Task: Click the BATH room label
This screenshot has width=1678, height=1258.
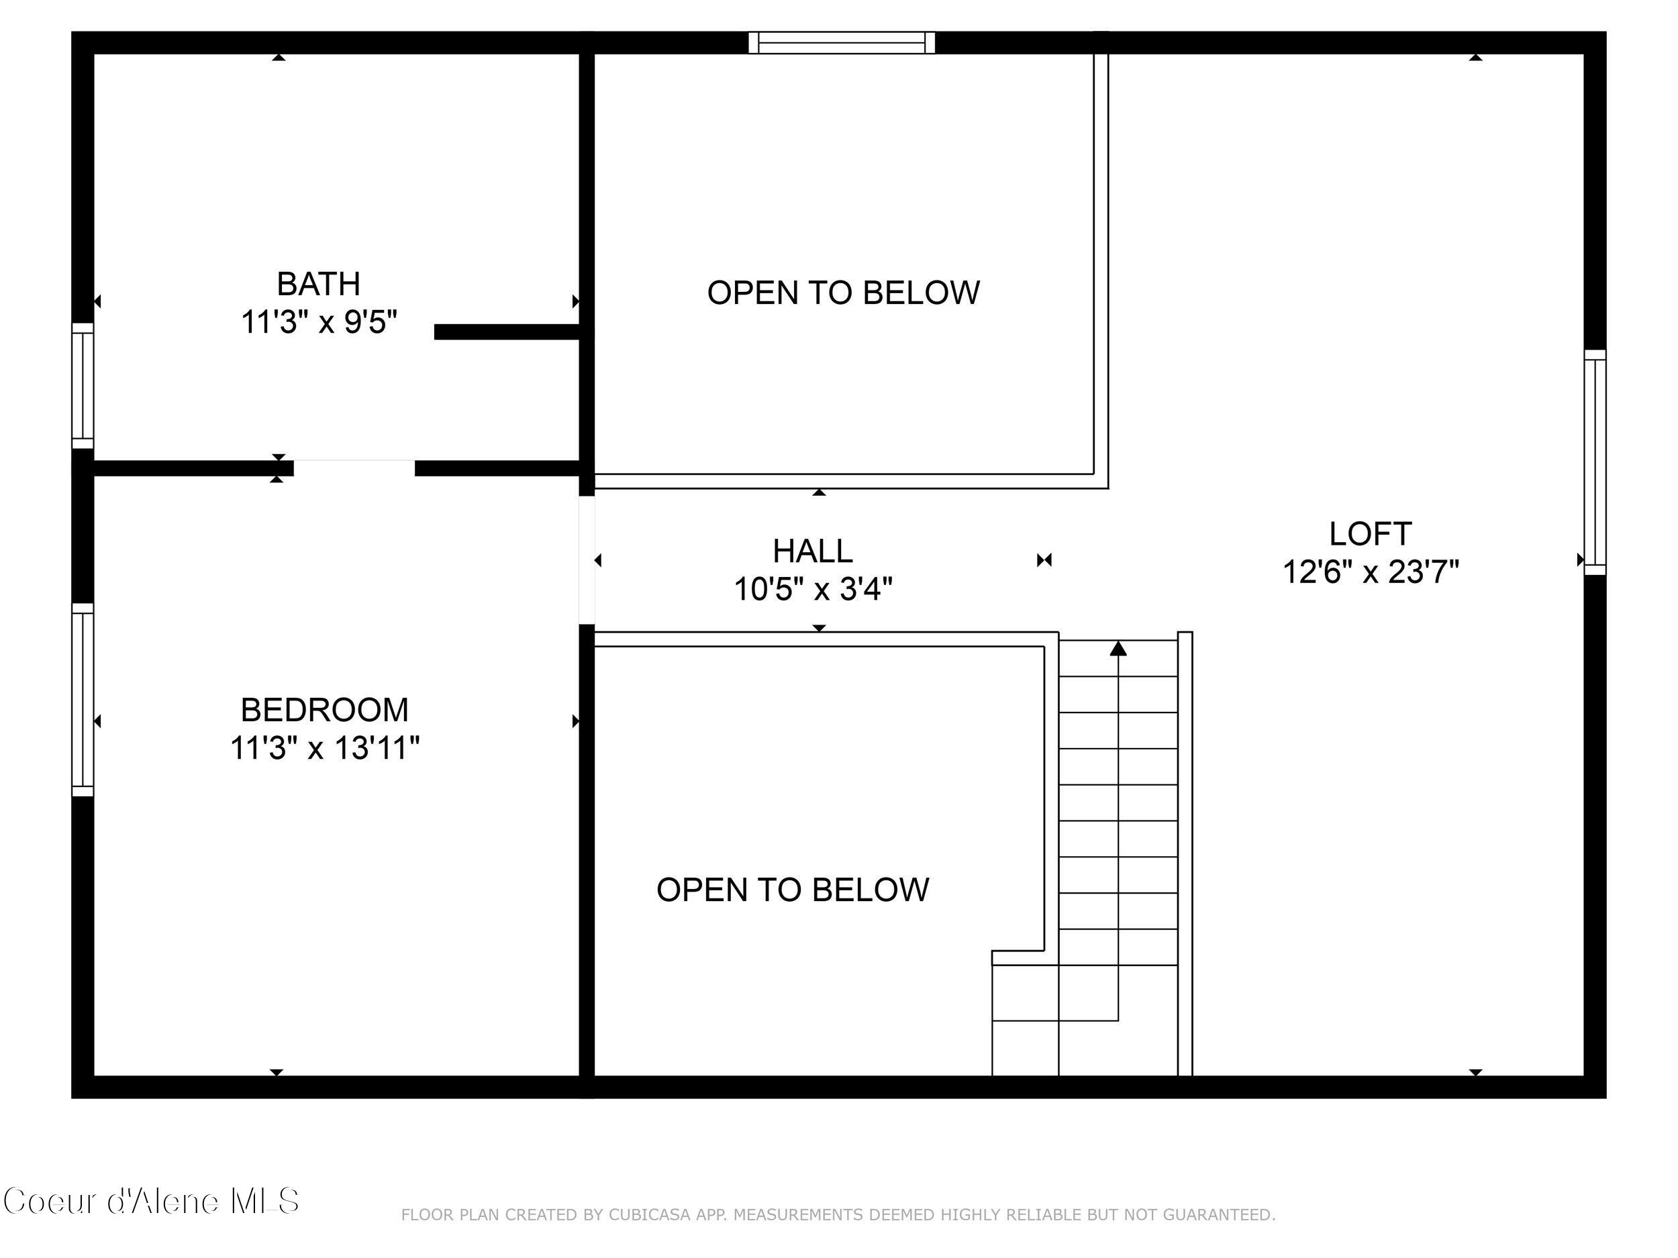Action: pos(318,284)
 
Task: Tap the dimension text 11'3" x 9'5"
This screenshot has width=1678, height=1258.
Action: pos(319,322)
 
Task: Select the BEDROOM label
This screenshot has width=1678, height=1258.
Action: pos(325,711)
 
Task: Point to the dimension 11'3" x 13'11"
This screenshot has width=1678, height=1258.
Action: pos(325,749)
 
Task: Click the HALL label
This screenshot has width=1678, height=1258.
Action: pos(812,552)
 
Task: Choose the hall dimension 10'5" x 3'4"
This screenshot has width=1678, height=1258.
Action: pos(812,589)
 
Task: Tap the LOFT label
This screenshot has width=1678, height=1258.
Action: pos(1370,535)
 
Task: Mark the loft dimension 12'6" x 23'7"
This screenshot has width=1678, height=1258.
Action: pos(1370,572)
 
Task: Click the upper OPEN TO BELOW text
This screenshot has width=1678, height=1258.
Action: pos(843,293)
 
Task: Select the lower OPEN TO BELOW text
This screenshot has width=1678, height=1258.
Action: pos(792,890)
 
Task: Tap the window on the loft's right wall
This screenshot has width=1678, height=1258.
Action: pos(1595,462)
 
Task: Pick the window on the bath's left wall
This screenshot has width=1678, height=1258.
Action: pos(83,386)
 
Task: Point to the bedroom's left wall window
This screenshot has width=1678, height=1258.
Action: pos(83,700)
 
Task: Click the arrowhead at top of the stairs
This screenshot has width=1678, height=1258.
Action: pos(1118,649)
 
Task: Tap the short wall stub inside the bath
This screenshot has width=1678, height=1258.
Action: pos(507,332)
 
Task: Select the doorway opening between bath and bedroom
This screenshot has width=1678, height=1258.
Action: pos(354,468)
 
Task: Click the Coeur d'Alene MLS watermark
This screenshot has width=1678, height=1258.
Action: pos(151,1202)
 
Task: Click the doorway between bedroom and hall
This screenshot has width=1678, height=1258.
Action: pos(587,560)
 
